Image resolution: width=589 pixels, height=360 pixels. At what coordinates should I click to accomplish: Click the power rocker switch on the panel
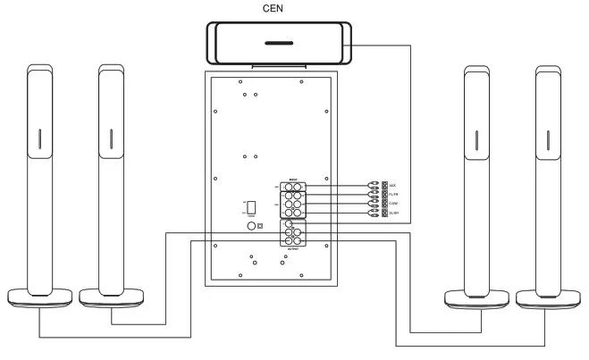pyautogui.click(x=252, y=207)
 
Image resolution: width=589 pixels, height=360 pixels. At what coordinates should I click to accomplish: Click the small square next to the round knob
pyautogui.click(x=260, y=227)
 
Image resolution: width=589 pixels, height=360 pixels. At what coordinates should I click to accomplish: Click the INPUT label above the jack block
pyautogui.click(x=293, y=180)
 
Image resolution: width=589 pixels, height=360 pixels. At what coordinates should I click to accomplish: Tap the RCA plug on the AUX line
pyautogui.click(x=373, y=186)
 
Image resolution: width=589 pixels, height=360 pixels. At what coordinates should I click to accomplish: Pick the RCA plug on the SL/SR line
pyautogui.click(x=373, y=213)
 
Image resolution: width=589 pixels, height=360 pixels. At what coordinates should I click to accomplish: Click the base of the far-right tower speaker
pyautogui.click(x=547, y=298)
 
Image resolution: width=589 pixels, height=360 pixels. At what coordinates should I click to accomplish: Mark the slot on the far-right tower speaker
pyautogui.click(x=548, y=139)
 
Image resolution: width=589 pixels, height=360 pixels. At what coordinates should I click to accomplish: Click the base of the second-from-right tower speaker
pyautogui.click(x=476, y=298)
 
